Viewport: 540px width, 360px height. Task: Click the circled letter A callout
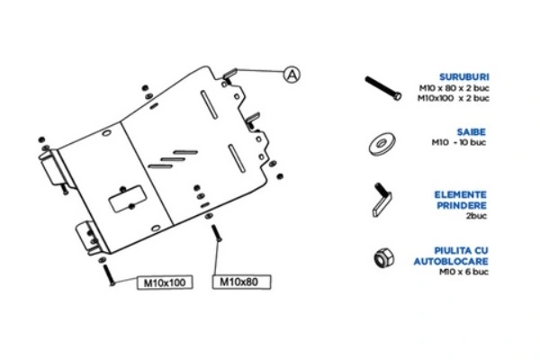291,76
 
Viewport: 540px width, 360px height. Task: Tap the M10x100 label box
165,283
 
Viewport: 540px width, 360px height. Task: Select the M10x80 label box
238,283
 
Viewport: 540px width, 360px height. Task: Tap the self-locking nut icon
382,257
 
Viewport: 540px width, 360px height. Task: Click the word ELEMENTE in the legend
465,193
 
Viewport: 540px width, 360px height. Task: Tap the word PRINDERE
465,203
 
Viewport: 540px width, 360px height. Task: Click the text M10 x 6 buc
464,271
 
